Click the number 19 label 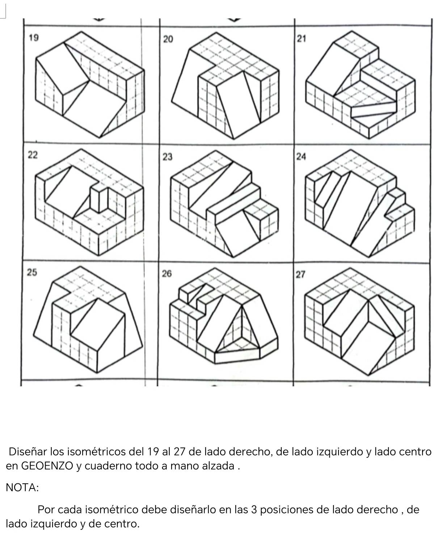[x=34, y=38]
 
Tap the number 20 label [x=168, y=39]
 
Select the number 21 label [x=301, y=39]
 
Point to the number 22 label [x=33, y=155]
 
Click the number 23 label [x=168, y=157]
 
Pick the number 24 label [x=301, y=156]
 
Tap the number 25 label [x=32, y=272]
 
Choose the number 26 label [x=167, y=273]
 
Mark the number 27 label [x=300, y=274]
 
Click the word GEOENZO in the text [x=47, y=466]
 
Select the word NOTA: [x=22, y=487]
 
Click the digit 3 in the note [x=254, y=509]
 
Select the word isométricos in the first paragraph [x=97, y=451]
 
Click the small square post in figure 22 [x=99, y=198]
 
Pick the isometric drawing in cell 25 [x=88, y=319]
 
